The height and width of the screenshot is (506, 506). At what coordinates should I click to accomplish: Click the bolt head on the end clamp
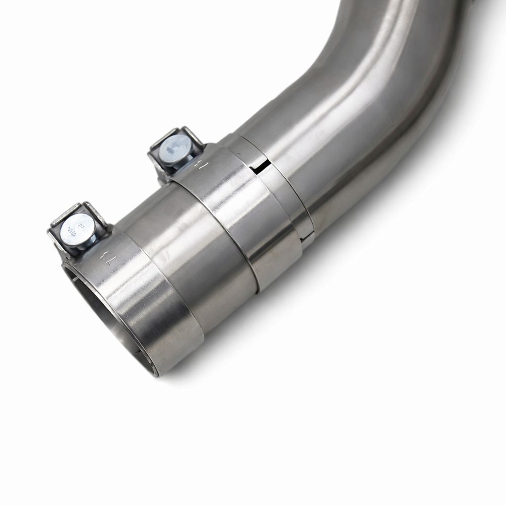(78, 228)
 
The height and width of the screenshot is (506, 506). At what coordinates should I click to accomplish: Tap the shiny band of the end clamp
(148, 306)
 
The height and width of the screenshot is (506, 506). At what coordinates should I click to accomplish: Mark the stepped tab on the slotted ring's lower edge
(307, 239)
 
